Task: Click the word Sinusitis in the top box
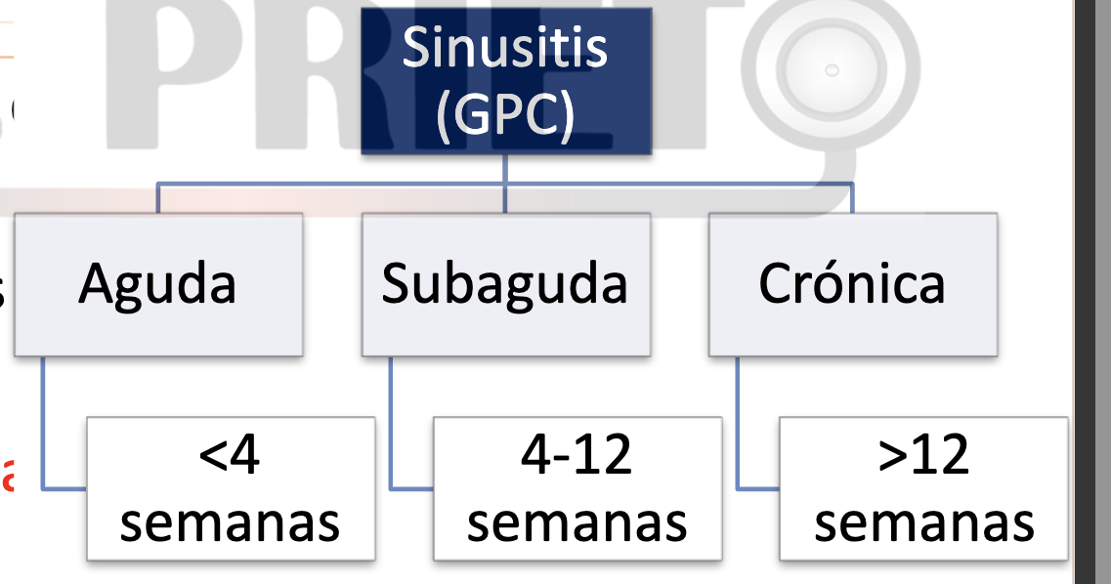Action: (x=505, y=48)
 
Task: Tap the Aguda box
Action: (x=157, y=284)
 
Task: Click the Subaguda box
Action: (x=505, y=284)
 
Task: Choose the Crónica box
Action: (x=852, y=284)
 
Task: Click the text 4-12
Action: (x=577, y=454)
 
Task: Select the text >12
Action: (x=923, y=454)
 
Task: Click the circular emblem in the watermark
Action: (x=832, y=70)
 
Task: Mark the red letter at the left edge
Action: (x=7, y=479)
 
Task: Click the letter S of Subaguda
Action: (x=394, y=284)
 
